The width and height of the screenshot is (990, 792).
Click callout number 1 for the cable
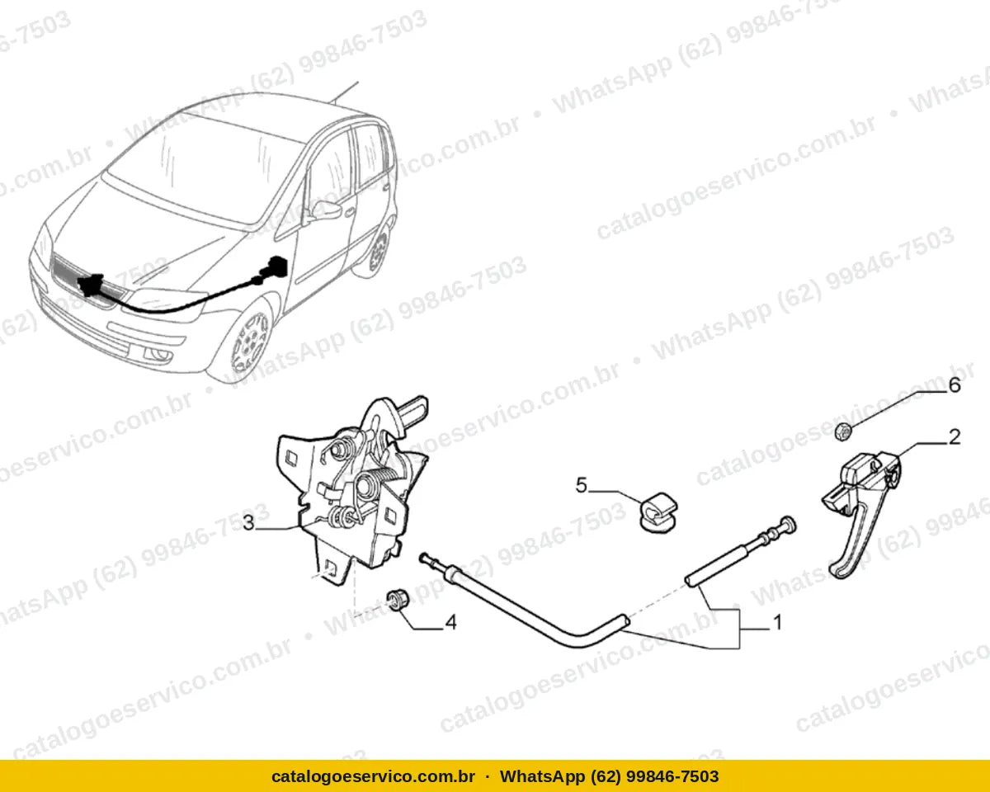tap(777, 623)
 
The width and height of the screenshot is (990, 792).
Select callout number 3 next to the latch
tap(248, 523)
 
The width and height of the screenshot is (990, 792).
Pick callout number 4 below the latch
tap(450, 623)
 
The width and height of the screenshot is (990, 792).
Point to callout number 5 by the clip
tap(582, 485)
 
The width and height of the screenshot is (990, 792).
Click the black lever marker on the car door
tap(275, 268)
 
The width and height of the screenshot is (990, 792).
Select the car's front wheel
tap(251, 342)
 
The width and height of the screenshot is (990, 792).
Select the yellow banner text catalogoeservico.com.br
tap(373, 776)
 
